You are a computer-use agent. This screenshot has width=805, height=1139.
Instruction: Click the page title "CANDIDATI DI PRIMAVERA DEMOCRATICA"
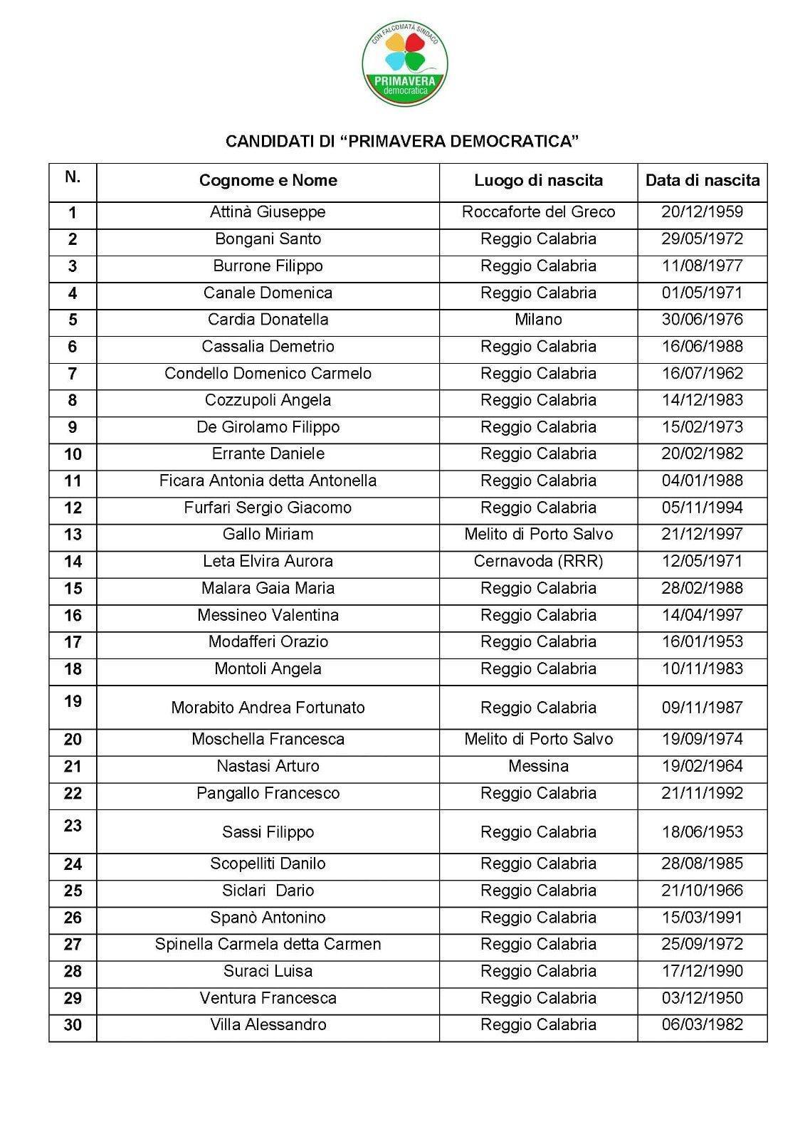point(402,141)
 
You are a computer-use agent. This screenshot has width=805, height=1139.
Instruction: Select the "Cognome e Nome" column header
point(268,180)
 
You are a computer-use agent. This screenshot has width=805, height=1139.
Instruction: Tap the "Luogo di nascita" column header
point(538,180)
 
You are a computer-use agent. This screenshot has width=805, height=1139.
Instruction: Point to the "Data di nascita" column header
point(702,180)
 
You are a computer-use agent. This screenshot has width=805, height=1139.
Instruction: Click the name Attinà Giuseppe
point(268,212)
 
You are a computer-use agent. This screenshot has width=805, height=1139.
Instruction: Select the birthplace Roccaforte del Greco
point(538,212)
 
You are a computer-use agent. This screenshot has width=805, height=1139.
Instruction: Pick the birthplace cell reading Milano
point(538,320)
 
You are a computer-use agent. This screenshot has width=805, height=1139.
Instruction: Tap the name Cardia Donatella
point(268,320)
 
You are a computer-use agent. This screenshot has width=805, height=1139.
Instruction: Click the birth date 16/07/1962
point(702,373)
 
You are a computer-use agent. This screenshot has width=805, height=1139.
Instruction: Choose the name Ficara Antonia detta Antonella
point(268,481)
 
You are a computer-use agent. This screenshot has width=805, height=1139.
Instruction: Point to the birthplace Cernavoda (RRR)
point(538,561)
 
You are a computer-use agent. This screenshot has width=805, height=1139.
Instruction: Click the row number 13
point(73,535)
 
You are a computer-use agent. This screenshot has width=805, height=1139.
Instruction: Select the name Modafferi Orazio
point(268,641)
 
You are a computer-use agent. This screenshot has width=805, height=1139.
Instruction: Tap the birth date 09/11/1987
point(702,708)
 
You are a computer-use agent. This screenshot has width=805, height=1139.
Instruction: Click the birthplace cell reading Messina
point(538,766)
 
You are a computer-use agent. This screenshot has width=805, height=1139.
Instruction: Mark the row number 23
point(73,826)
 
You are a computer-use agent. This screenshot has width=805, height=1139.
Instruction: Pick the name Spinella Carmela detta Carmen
point(268,944)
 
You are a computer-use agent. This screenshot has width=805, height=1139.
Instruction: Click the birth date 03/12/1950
point(702,998)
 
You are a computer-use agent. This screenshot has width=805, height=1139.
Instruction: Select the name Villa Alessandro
point(268,1024)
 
